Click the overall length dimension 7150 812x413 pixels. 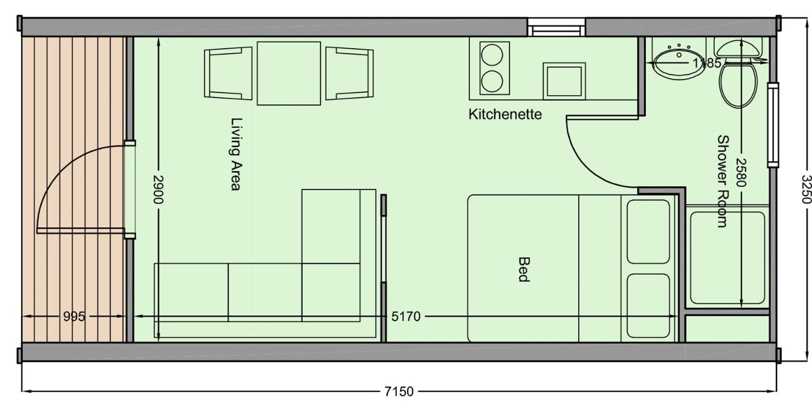click(399, 392)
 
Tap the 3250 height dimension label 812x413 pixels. click(805, 189)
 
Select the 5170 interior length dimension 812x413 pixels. click(406, 316)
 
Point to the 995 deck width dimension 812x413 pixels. click(74, 316)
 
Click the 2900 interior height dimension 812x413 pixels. click(158, 189)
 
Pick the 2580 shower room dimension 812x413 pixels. click(741, 173)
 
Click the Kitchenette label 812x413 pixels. click(505, 114)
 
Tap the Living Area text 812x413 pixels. click(236, 154)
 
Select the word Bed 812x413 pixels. click(523, 269)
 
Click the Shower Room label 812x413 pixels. click(722, 181)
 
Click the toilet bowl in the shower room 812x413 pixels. click(738, 85)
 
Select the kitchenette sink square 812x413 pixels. click(564, 81)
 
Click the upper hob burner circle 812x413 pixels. click(492, 55)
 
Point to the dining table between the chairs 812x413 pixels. click(289, 73)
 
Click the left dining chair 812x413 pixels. click(228, 73)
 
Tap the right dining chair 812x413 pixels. click(349, 73)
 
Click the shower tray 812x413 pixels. click(728, 258)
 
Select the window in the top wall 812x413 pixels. click(556, 28)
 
